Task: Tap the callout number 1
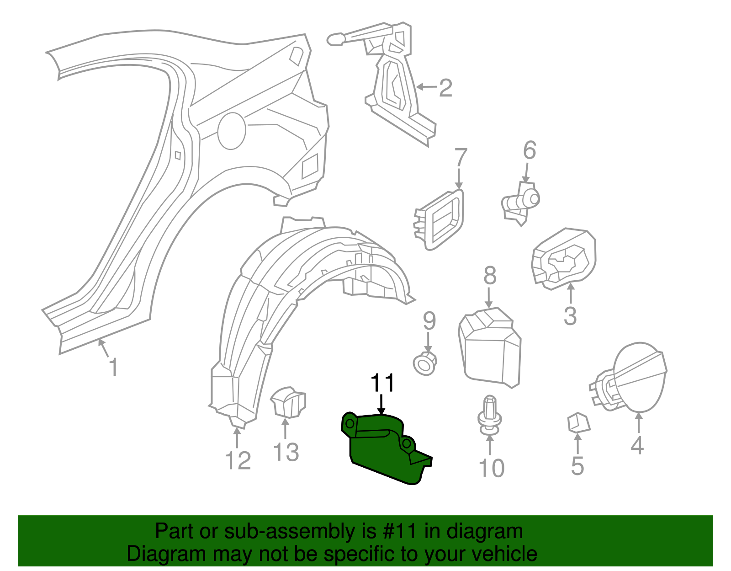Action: click(114, 367)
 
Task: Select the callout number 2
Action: click(445, 87)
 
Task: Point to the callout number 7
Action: click(461, 157)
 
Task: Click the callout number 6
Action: click(529, 151)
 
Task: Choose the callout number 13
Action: click(286, 452)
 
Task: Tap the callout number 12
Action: click(238, 460)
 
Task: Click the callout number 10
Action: click(491, 468)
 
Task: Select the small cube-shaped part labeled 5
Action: click(578, 422)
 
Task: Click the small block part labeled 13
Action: click(288, 402)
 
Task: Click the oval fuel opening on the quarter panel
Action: click(232, 131)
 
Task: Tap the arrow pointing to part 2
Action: click(426, 86)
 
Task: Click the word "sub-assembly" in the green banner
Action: click(288, 531)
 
